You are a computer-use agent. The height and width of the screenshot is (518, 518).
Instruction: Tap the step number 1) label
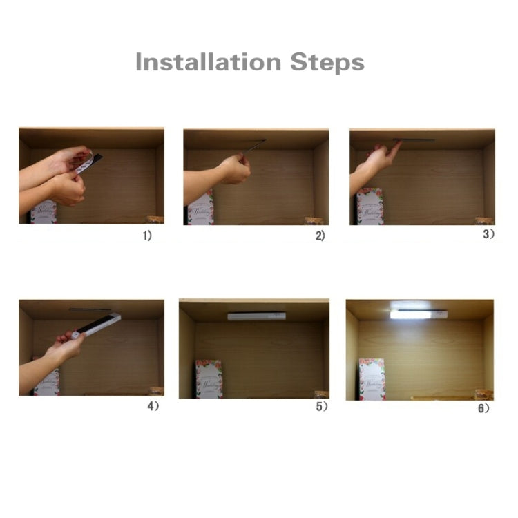pyautogui.click(x=147, y=236)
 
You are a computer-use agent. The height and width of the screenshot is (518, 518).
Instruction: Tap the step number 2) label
pyautogui.click(x=320, y=236)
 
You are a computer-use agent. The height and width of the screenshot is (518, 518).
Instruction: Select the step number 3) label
pyautogui.click(x=488, y=234)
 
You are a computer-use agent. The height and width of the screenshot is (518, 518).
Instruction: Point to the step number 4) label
pyautogui.click(x=153, y=406)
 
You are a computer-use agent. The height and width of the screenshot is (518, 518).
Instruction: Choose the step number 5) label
pyautogui.click(x=322, y=407)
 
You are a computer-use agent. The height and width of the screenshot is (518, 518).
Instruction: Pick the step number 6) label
pyautogui.click(x=484, y=408)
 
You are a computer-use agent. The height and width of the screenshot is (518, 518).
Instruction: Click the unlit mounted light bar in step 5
pyautogui.click(x=256, y=316)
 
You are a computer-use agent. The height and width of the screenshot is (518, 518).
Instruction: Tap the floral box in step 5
pyautogui.click(x=209, y=378)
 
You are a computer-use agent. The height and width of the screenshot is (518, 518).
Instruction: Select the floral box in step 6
pyautogui.click(x=372, y=379)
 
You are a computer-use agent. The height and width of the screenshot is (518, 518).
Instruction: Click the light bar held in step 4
pyautogui.click(x=98, y=325)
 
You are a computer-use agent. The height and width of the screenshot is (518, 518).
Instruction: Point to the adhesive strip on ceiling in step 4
pyautogui.click(x=90, y=309)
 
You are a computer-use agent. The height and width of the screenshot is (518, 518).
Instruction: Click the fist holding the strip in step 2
pyautogui.click(x=235, y=168)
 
